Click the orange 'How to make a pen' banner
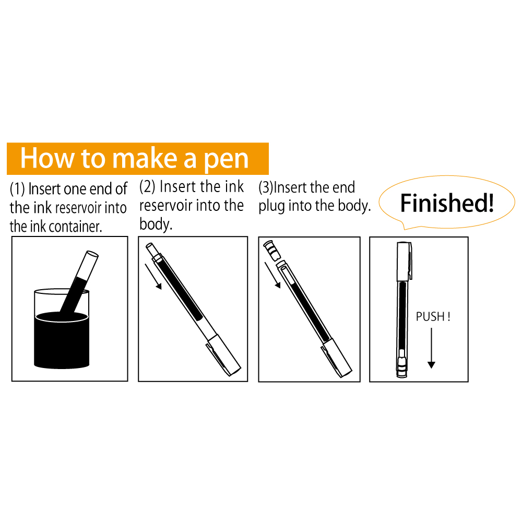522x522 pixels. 137,159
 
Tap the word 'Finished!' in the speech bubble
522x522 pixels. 447,203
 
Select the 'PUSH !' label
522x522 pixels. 433,316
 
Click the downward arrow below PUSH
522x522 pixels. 432,348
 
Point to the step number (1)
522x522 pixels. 17,189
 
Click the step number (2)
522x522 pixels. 147,186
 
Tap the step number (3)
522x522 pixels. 266,187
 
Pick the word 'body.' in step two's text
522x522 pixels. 156,224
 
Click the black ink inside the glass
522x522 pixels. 62,340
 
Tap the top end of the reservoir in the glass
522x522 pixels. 92,254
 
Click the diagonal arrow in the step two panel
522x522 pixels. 153,277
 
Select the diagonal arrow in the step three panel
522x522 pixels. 272,275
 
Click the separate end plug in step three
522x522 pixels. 271,251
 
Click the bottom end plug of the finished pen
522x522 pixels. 402,367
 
